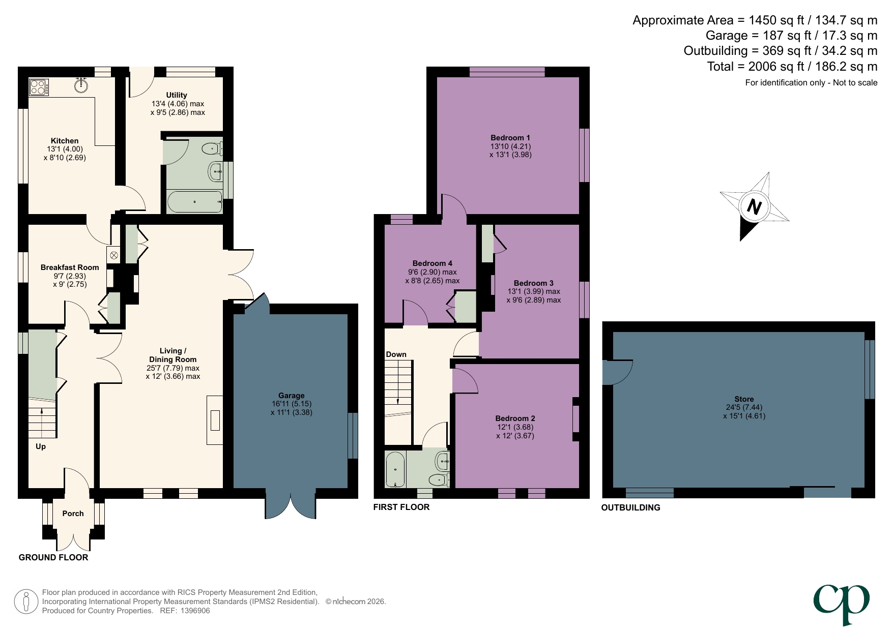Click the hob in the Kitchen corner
coord(39,87)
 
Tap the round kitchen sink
coord(80,85)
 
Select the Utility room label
coord(177,95)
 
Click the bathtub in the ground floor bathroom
coord(194,202)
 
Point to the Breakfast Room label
coord(70,267)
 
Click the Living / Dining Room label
coord(172,355)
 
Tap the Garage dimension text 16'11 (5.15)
coord(291,404)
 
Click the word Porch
coord(73,514)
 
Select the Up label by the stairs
coord(41,446)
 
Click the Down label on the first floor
coord(396,354)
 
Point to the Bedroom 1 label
coord(510,138)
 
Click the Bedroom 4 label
coord(432,263)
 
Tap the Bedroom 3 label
coord(533,283)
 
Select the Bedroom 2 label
coord(515,418)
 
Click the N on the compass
coord(754,207)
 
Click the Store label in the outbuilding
coord(744,399)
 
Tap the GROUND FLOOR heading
coord(53,557)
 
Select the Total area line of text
coord(792,67)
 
